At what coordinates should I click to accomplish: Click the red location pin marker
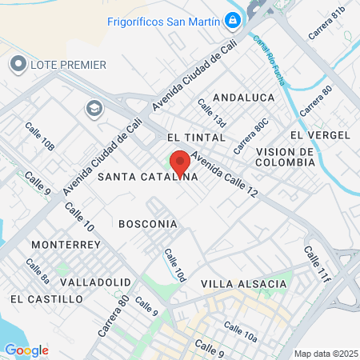tap(180, 162)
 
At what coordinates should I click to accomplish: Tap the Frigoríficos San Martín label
tap(163, 21)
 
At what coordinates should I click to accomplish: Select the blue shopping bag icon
tap(232, 19)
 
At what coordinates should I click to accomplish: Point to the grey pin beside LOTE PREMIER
tap(18, 63)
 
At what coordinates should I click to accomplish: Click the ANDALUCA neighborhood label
tap(244, 97)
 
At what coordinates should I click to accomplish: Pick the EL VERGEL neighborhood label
tap(320, 134)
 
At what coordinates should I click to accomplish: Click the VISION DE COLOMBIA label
tap(285, 157)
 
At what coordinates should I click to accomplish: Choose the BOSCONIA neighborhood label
tap(147, 224)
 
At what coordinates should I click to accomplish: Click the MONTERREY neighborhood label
tap(66, 244)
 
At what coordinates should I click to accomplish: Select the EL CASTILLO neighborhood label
tap(46, 298)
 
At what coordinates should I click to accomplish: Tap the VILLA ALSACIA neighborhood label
tap(243, 284)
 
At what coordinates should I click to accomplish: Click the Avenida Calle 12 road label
tap(226, 177)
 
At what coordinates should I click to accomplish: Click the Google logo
tap(26, 350)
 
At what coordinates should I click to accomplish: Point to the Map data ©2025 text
tap(325, 354)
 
